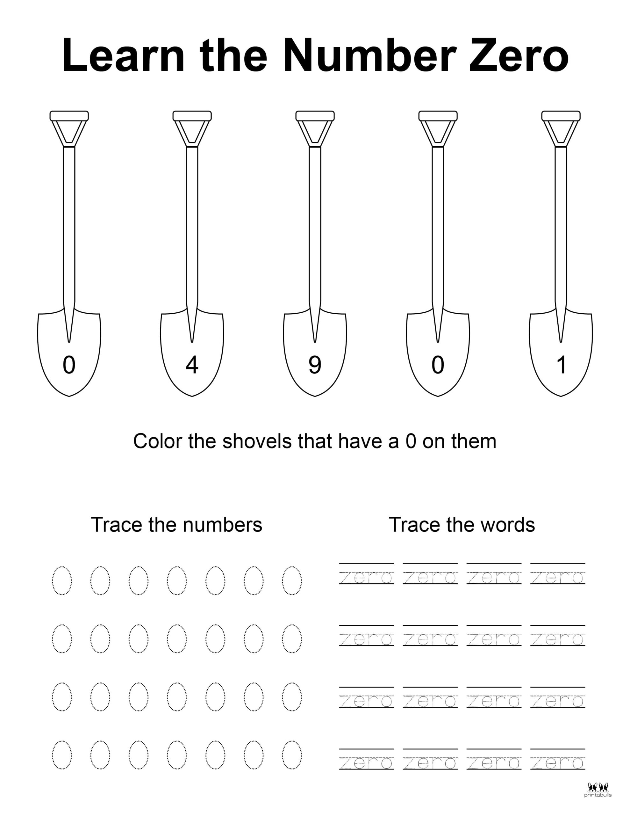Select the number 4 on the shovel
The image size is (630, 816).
pos(192,365)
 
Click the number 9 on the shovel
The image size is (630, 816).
pos(315,365)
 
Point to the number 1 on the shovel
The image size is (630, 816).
pos(561,365)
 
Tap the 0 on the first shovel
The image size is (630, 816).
pos(69,365)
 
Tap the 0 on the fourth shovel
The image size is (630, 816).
pos(438,365)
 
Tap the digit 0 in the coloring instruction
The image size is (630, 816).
pos(411,441)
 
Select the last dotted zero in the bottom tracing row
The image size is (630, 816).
pos(292,755)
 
